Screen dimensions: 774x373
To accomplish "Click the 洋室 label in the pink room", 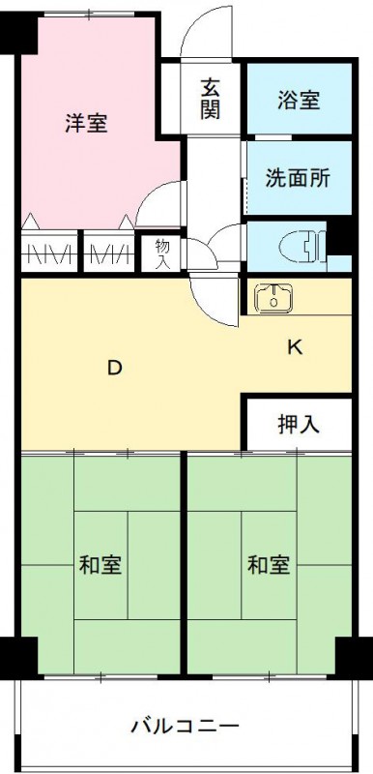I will [x=86, y=123].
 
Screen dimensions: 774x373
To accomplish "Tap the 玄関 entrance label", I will [x=211, y=97].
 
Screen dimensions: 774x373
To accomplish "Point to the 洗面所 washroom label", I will [x=298, y=177].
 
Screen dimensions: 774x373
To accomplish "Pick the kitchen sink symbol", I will [x=276, y=299].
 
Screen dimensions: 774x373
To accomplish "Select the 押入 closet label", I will [x=299, y=423].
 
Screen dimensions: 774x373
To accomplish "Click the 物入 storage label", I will [x=162, y=253].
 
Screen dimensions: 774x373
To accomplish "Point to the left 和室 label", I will [x=99, y=565].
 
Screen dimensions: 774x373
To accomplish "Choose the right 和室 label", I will [x=268, y=565].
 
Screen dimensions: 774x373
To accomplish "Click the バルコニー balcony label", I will [x=184, y=724].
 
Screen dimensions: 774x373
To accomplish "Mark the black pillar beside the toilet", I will [x=339, y=237].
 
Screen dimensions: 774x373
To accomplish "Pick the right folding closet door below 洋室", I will [x=108, y=253].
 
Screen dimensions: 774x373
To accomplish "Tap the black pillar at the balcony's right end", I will [x=353, y=658].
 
